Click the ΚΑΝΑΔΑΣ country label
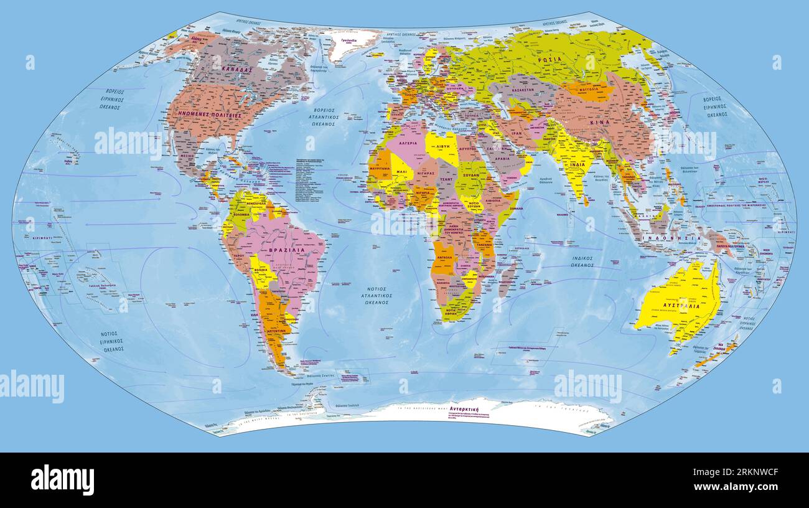(236, 70)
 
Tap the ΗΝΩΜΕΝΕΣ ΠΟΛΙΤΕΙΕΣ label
(210, 115)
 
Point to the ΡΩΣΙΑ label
(550, 59)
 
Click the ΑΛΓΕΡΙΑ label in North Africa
(403, 143)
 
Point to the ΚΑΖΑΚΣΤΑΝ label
(522, 90)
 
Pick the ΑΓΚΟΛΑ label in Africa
(444, 256)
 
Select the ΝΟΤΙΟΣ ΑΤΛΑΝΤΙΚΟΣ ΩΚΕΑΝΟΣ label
(375, 295)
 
